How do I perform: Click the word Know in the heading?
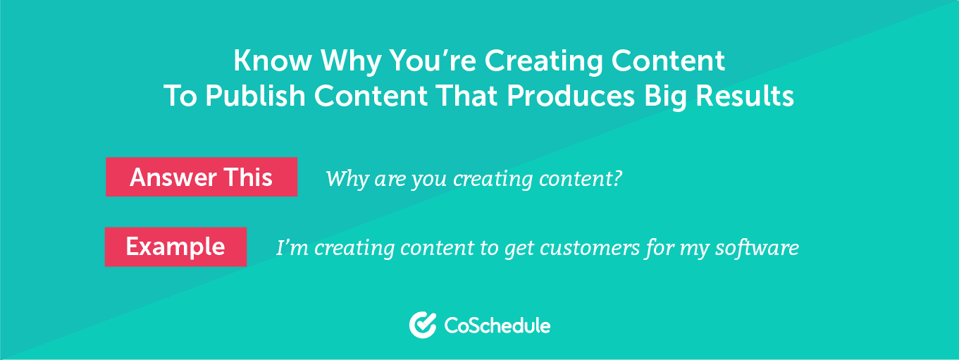click(272, 61)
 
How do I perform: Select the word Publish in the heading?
click(255, 96)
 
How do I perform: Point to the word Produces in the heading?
click(571, 96)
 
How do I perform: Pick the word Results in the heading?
click(745, 96)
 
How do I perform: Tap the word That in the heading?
click(466, 96)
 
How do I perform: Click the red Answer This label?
click(202, 177)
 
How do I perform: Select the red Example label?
click(175, 247)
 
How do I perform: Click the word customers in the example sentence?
click(589, 248)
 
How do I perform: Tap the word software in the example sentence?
click(757, 248)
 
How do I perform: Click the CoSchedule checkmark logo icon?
click(423, 325)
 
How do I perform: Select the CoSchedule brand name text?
click(497, 325)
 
